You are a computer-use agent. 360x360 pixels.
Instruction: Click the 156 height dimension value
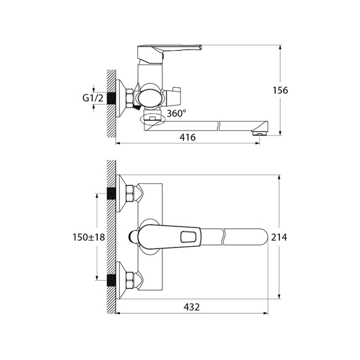pos(280,91)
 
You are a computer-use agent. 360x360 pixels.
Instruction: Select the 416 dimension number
pos(188,137)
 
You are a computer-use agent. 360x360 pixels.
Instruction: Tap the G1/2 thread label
pos(93,98)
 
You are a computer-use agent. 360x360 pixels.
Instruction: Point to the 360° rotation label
pos(176,113)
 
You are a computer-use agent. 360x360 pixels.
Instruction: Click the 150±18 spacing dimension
pos(88,237)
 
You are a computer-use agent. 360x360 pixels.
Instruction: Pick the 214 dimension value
pos(279,237)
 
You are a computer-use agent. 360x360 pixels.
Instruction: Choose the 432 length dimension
pos(192,307)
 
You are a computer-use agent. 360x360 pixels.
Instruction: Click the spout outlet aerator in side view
pos(260,133)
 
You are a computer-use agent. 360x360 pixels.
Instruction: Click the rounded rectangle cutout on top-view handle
pos(189,237)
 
